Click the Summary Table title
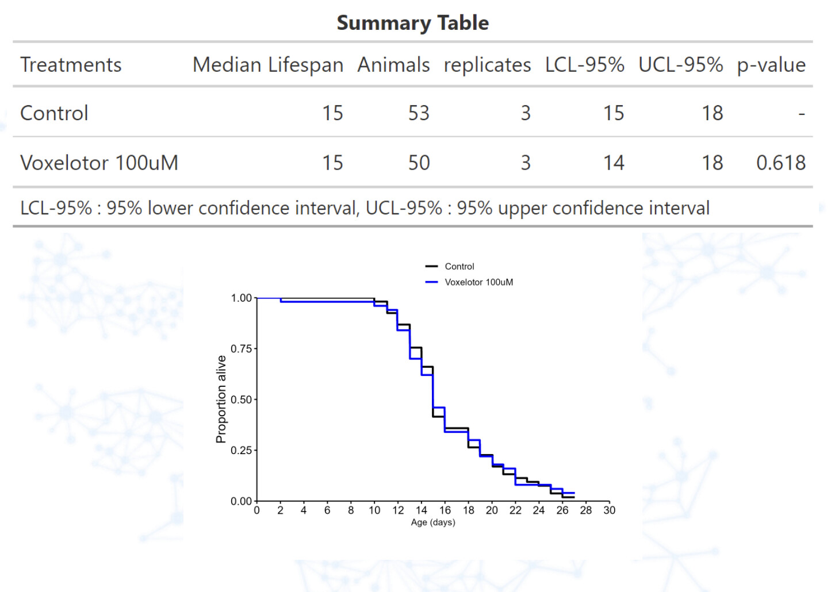coord(412,23)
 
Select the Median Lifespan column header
coord(267,65)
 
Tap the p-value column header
coord(771,65)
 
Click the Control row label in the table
coord(54,113)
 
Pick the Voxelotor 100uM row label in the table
coord(99,163)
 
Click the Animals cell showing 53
coord(419,113)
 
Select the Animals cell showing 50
coord(419,163)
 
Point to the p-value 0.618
coord(780,163)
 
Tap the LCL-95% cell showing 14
coord(613,163)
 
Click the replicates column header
coord(487,65)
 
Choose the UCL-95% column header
coord(680,65)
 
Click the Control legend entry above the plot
coord(459,267)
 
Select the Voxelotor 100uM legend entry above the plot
coord(478,282)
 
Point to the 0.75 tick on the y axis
coord(241,349)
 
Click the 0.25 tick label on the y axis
coord(241,450)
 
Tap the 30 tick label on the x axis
coord(609,510)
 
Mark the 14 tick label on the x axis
coord(422,510)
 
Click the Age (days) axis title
coord(432,522)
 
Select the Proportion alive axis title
coord(221,399)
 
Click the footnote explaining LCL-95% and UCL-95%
coord(365,208)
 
